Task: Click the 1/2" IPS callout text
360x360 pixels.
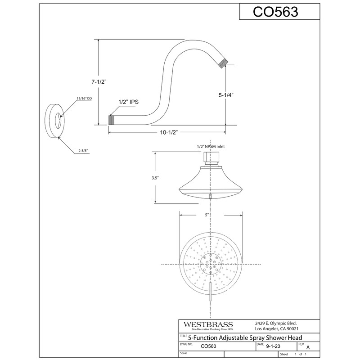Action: click(x=128, y=103)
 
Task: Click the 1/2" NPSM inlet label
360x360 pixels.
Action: click(x=211, y=147)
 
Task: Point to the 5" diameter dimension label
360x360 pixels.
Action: click(x=207, y=215)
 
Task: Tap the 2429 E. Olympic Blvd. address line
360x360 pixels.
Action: click(x=275, y=324)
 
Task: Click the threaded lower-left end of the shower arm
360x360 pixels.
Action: click(x=112, y=120)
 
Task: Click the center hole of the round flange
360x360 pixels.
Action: click(x=58, y=119)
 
